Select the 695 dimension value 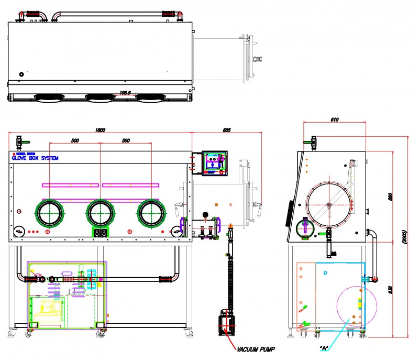(x=226, y=130)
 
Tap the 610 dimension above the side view (x=335, y=120)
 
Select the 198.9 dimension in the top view (x=125, y=93)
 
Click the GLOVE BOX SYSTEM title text (x=35, y=158)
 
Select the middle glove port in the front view (x=100, y=213)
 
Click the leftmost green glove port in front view (x=50, y=213)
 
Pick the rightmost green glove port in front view (x=151, y=213)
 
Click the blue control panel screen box (x=214, y=163)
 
